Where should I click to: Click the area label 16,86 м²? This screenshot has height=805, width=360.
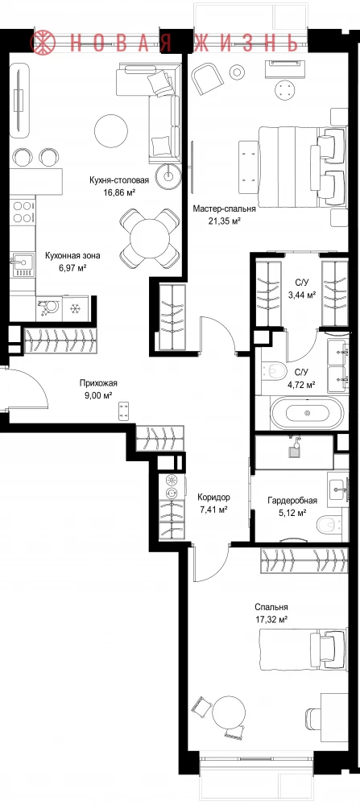(119, 192)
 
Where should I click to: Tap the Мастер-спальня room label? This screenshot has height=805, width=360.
(225, 209)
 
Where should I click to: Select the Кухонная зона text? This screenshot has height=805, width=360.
(72, 255)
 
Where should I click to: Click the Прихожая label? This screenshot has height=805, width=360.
(98, 382)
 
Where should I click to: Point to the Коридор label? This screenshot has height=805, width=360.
(213, 497)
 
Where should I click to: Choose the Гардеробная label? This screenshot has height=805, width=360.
(292, 501)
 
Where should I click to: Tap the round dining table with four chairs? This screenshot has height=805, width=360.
(150, 237)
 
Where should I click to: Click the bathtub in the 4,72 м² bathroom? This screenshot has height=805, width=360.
(307, 413)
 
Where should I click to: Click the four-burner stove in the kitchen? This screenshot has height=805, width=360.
(22, 212)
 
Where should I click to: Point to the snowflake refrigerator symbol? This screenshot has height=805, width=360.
(76, 308)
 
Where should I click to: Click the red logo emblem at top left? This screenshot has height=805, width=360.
(44, 41)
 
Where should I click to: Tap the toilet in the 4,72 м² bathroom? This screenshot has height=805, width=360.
(275, 369)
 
